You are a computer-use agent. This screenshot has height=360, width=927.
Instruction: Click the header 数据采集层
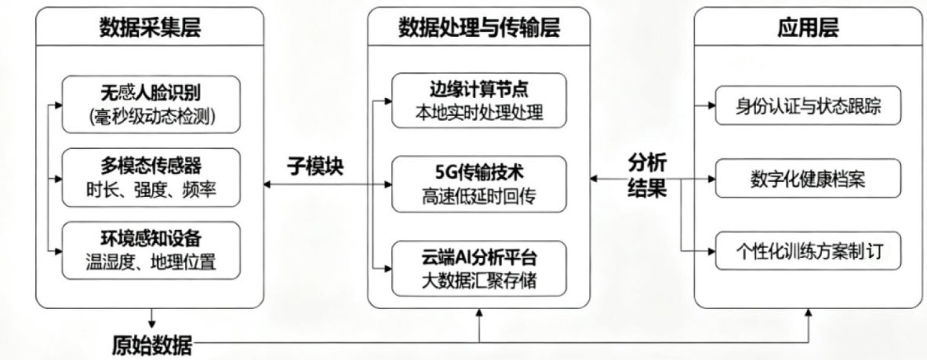[x=150, y=29]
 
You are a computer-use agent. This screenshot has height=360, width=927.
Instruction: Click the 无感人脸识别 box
[x=151, y=102]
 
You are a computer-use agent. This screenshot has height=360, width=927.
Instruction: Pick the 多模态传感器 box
[x=151, y=178]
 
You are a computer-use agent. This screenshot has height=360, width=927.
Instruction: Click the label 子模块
[x=316, y=167]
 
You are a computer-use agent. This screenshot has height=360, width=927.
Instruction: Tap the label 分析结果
[x=647, y=176]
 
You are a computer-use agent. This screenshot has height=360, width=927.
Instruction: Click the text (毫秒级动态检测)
[x=151, y=116]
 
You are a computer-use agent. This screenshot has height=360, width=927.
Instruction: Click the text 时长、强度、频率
[x=151, y=190]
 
